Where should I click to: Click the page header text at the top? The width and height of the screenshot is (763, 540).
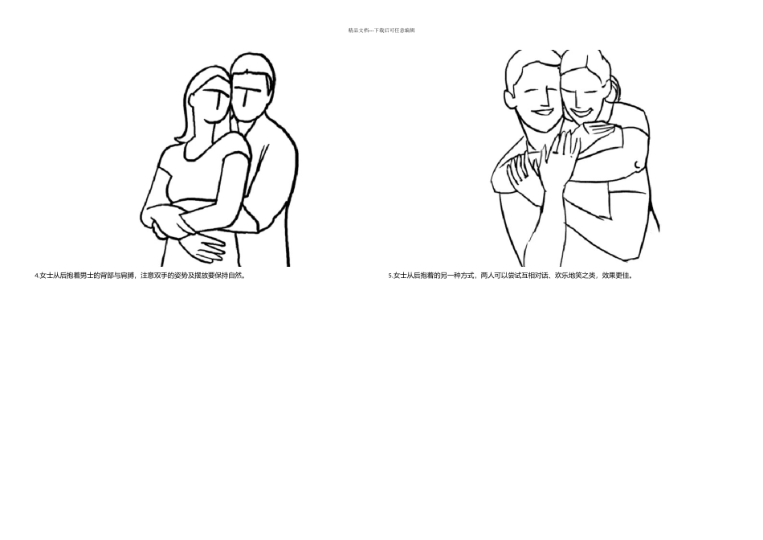[x=381, y=31]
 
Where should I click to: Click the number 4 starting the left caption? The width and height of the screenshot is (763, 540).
[x=36, y=276]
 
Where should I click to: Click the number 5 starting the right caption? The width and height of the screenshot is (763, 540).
[x=390, y=276]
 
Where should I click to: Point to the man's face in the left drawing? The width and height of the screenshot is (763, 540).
[x=248, y=97]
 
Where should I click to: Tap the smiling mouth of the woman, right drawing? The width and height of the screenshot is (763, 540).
[x=581, y=113]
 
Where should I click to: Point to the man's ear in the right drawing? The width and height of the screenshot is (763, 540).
[x=509, y=96]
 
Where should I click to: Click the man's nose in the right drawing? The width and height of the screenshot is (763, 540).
[x=549, y=100]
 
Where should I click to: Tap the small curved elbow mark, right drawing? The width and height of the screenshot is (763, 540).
[x=638, y=165]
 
